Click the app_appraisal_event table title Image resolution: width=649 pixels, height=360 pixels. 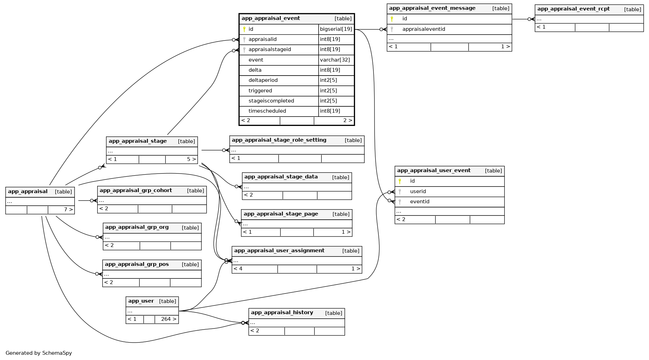pyautogui.click(x=271, y=19)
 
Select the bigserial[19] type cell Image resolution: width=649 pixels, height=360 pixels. pyautogui.click(x=336, y=29)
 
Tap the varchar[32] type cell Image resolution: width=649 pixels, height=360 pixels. pyautogui.click(x=335, y=60)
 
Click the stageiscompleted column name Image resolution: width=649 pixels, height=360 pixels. pyautogui.click(x=271, y=101)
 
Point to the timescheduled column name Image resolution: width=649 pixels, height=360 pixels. pyautogui.click(x=267, y=111)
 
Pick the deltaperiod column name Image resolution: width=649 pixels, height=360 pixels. pyautogui.click(x=263, y=80)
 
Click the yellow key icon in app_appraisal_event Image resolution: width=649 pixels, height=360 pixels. pyautogui.click(x=244, y=29)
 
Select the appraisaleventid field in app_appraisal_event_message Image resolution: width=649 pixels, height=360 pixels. pyautogui.click(x=423, y=29)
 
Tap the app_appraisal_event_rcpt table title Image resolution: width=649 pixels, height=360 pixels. pyautogui.click(x=573, y=9)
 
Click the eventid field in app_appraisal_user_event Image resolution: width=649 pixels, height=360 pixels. pyautogui.click(x=420, y=202)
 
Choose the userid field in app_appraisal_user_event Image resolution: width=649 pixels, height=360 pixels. pyautogui.click(x=418, y=191)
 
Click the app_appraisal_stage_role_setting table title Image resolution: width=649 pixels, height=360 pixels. pyautogui.click(x=279, y=140)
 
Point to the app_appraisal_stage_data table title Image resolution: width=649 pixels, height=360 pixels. pyautogui.click(x=281, y=177)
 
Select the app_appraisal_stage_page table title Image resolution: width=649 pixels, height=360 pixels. pyautogui.click(x=280, y=214)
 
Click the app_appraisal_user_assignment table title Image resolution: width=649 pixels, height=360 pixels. pyautogui.click(x=279, y=251)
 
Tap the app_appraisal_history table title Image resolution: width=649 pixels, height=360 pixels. pyautogui.click(x=282, y=313)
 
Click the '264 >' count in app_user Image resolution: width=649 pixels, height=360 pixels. pyautogui.click(x=168, y=319)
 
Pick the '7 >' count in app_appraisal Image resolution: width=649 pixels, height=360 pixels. pyautogui.click(x=68, y=210)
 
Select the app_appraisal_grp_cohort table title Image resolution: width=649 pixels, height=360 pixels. pyautogui.click(x=136, y=191)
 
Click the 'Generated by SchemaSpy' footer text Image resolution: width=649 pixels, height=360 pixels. pyautogui.click(x=38, y=353)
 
